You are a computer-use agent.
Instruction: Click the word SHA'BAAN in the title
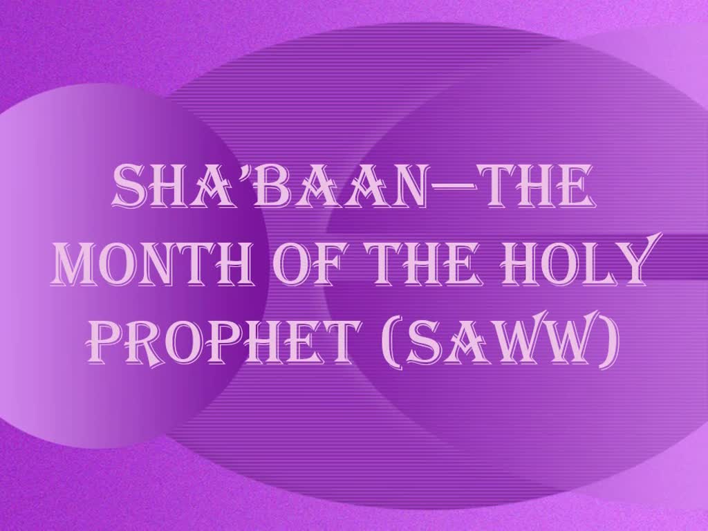pyautogui.click(x=269, y=186)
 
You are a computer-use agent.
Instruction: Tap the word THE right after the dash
pyautogui.click(x=538, y=186)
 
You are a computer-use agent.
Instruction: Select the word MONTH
pyautogui.click(x=151, y=263)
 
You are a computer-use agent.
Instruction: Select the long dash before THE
pyautogui.click(x=454, y=186)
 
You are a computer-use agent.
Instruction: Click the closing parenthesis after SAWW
pyautogui.click(x=608, y=342)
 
